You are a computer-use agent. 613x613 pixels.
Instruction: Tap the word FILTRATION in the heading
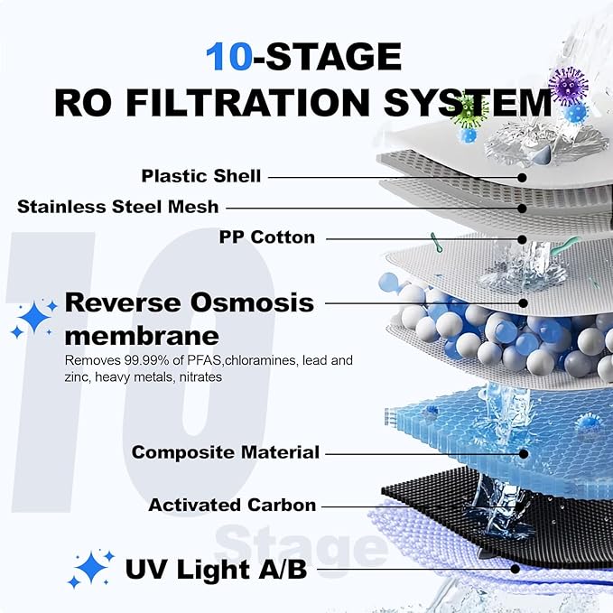[x=277, y=102]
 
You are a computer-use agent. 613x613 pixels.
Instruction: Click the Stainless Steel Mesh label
[x=118, y=207]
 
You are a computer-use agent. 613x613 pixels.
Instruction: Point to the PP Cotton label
[x=267, y=237]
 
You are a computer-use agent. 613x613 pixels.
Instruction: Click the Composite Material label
[x=226, y=451]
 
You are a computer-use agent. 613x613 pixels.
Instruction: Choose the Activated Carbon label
[x=232, y=505]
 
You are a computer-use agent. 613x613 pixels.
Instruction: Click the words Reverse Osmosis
[x=189, y=302]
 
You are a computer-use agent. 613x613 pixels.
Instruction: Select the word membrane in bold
[x=142, y=336]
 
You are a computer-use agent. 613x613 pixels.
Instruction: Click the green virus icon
[x=469, y=110]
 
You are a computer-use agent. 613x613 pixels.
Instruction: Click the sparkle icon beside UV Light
[x=93, y=569]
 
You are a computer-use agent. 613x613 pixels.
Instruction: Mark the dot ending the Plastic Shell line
[x=523, y=178]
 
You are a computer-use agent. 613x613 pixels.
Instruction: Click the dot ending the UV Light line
[x=515, y=569]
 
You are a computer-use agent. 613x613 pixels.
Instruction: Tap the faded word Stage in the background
[x=301, y=546]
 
